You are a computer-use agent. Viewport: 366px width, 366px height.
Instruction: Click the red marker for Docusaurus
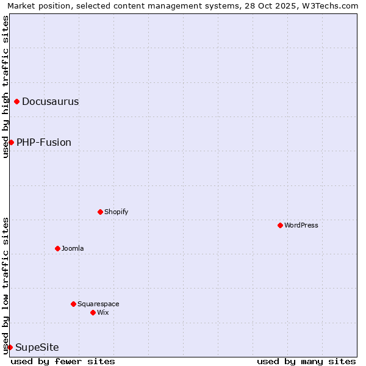click(17, 101)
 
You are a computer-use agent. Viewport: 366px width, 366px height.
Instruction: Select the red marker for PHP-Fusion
click(11, 142)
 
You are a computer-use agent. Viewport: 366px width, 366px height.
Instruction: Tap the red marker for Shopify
click(100, 212)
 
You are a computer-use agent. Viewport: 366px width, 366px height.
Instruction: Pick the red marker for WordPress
click(280, 225)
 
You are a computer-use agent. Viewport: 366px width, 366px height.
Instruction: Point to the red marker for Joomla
click(57, 248)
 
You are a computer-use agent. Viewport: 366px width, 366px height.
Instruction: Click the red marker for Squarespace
click(73, 304)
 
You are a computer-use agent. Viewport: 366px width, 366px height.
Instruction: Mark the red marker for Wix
click(93, 312)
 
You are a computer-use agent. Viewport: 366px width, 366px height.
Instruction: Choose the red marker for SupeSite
click(10, 347)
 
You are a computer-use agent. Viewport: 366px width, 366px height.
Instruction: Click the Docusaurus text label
click(50, 101)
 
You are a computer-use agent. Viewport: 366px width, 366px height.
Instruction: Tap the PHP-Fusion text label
click(44, 142)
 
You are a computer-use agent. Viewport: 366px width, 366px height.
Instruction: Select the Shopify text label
click(116, 212)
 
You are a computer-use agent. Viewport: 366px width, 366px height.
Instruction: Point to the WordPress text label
click(301, 225)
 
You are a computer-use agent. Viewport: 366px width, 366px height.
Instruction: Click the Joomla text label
click(73, 248)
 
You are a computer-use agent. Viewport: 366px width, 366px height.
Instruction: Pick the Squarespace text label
click(98, 304)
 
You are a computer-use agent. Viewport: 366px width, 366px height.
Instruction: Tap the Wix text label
click(102, 312)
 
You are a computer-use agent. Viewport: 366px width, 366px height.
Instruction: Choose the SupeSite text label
click(37, 347)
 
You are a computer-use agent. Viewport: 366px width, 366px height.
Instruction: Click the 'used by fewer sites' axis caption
click(63, 361)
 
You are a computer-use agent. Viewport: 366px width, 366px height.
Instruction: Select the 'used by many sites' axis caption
click(306, 361)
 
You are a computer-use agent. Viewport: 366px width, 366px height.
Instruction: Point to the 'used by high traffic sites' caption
click(6, 87)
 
